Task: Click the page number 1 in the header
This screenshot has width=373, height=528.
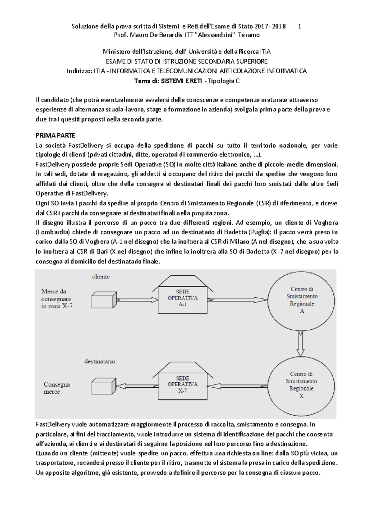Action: point(299,26)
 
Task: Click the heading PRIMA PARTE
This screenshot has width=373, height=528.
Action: point(55,136)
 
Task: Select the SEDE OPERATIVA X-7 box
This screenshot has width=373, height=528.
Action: point(182,384)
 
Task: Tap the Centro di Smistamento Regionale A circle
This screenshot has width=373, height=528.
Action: point(302,300)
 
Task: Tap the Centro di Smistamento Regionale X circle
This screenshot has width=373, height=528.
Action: point(301,385)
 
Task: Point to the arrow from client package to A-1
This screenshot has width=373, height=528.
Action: point(137,300)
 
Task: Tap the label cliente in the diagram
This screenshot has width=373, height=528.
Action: point(101,276)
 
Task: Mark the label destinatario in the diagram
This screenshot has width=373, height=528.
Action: point(100,361)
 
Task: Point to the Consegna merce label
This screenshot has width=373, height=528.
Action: point(57,388)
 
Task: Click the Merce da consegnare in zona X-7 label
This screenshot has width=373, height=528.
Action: point(57,299)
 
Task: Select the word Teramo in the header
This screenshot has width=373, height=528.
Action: point(249,35)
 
